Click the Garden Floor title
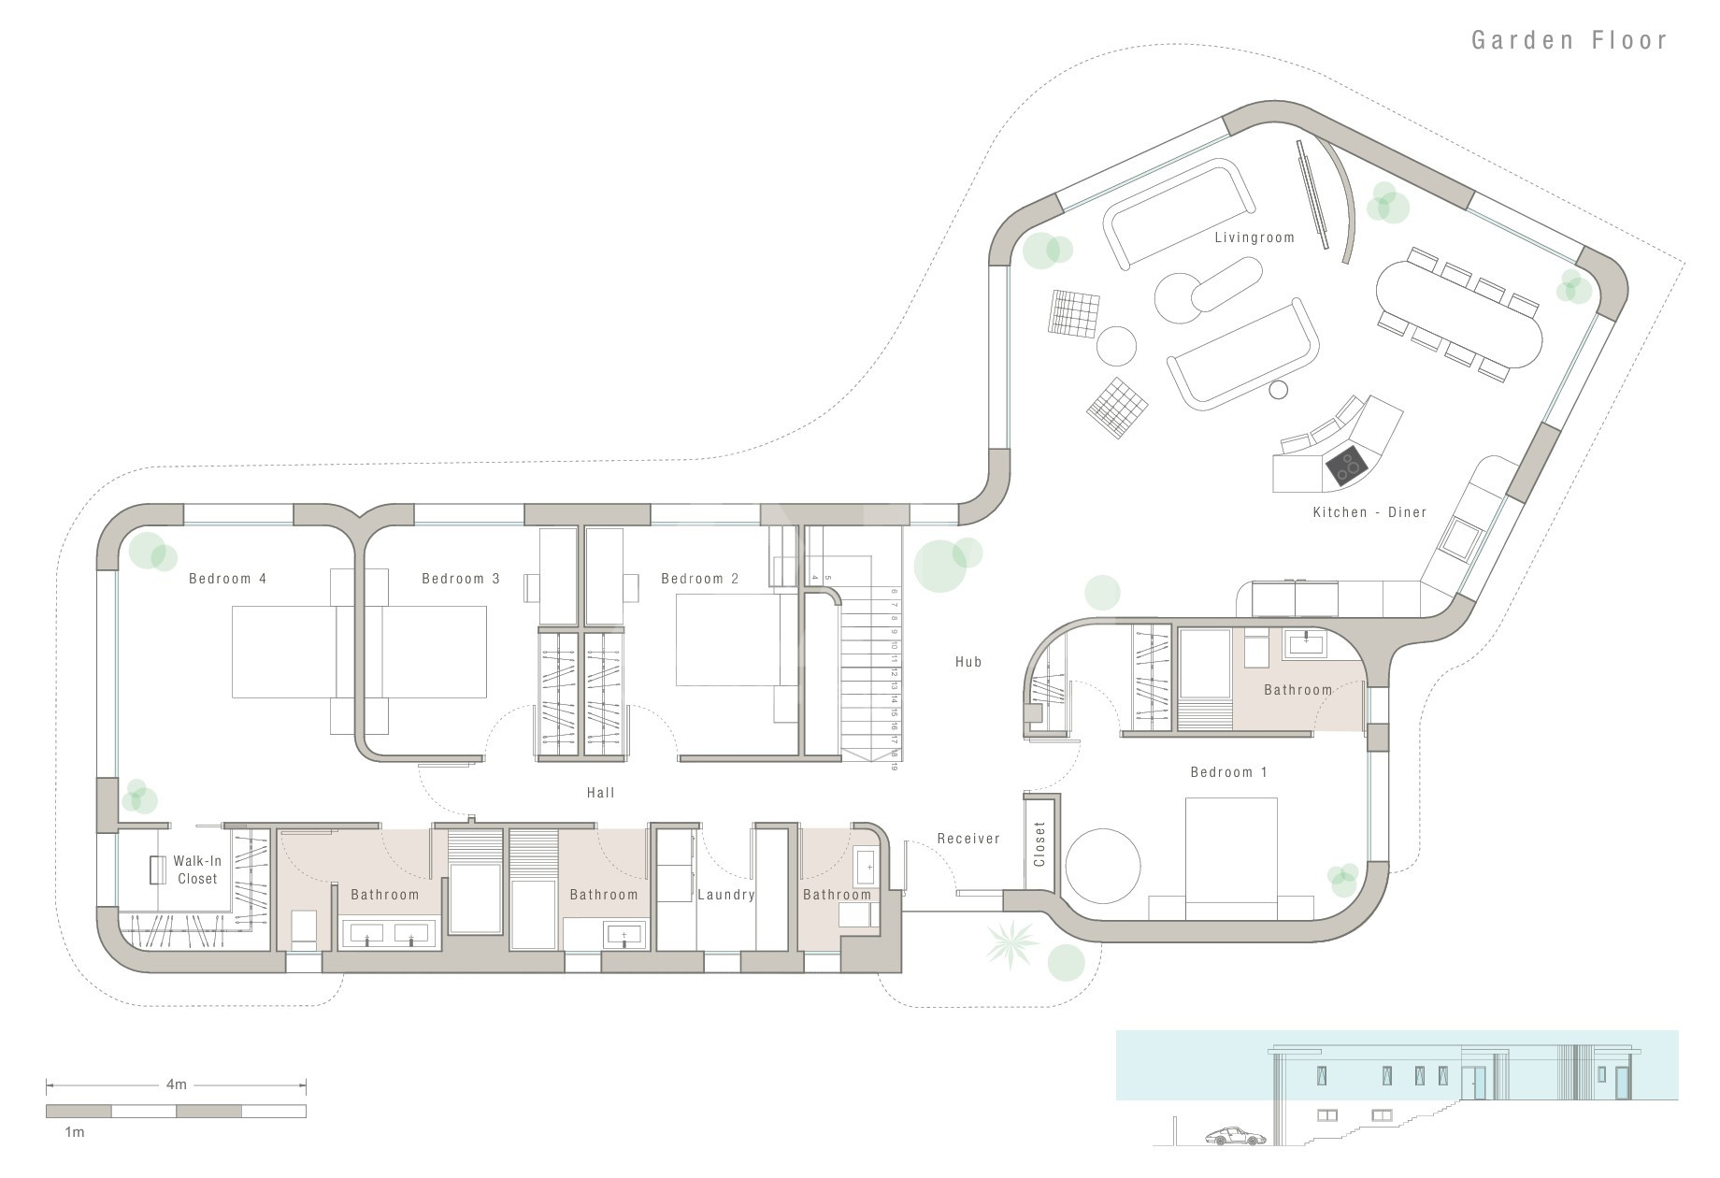pos(1569,40)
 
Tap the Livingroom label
pos(1254,237)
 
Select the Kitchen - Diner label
pos(1369,512)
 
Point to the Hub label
pos(968,662)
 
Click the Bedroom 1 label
pos(1228,772)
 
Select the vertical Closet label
pos(1039,844)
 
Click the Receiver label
pos(968,839)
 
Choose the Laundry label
pos(726,895)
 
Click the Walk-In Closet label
pos(197,869)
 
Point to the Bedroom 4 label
pos(227,579)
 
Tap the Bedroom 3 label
pos(460,579)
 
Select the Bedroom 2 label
pos(699,579)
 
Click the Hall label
pos(600,793)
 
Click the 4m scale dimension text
pos(177,1085)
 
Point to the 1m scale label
pos(74,1132)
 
